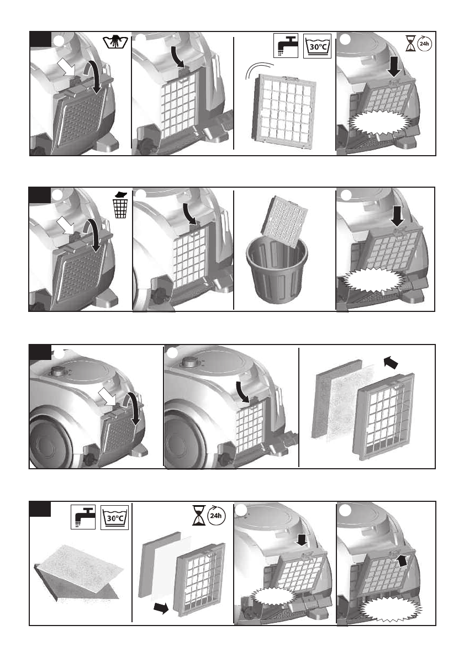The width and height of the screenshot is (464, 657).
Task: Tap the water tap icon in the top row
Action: pos(286,44)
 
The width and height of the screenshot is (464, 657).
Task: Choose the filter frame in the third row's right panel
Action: pos(385,415)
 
